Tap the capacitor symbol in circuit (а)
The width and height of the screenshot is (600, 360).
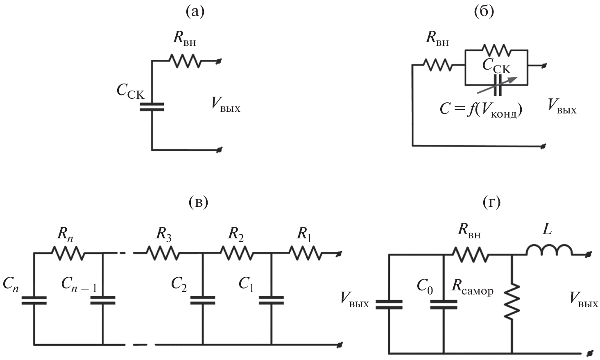click(152, 107)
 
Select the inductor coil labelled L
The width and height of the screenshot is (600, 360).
click(549, 251)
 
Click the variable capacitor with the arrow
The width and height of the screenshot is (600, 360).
click(497, 80)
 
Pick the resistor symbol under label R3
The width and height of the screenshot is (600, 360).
click(163, 254)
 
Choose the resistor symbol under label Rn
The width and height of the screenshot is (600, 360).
click(69, 254)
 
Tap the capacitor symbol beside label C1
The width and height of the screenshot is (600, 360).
click(272, 300)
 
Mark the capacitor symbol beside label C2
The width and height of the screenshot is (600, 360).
click(203, 300)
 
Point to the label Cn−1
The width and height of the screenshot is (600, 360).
click(79, 284)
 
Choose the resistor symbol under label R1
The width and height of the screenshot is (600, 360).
click(305, 254)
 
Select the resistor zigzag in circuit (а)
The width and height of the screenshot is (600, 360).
click(184, 61)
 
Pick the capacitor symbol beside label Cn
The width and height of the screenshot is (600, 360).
click(34, 300)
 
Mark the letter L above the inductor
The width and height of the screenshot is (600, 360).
click(547, 230)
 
